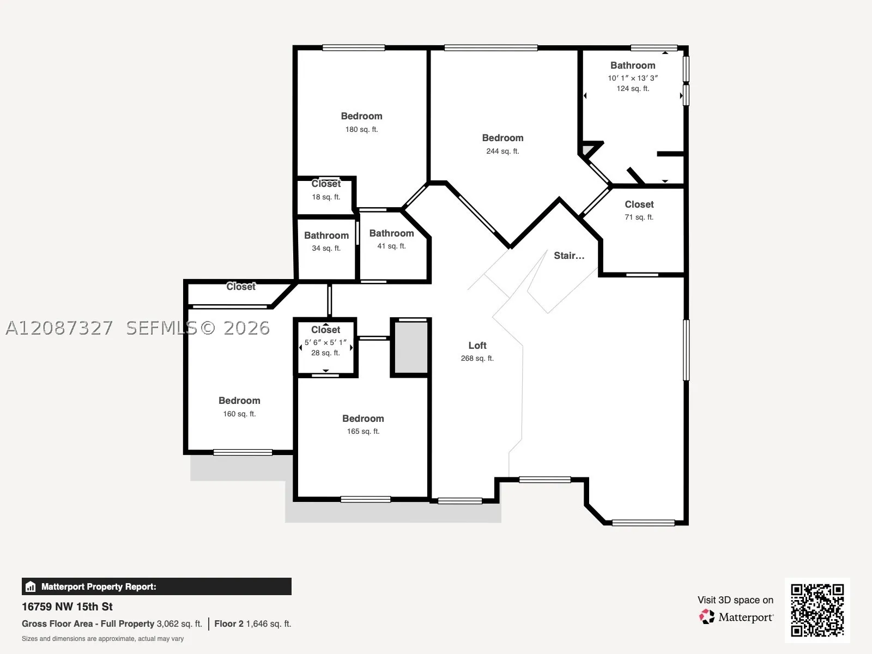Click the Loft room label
(x=477, y=346)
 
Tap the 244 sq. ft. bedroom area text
(x=502, y=152)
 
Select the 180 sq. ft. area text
(x=361, y=130)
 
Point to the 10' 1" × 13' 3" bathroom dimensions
(x=633, y=78)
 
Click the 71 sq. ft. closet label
(x=639, y=204)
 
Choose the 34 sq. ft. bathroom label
(x=326, y=235)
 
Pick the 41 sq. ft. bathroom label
(x=391, y=233)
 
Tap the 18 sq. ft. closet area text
(x=326, y=197)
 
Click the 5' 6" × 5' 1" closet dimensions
(x=325, y=342)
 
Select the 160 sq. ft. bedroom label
(x=239, y=401)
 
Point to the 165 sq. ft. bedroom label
(x=363, y=419)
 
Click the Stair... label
(x=569, y=256)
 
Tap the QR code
(x=817, y=610)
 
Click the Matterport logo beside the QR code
(x=736, y=617)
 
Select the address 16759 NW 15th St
(x=67, y=607)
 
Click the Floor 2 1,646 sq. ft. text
(x=253, y=624)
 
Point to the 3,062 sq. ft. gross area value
(x=179, y=624)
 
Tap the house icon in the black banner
(x=31, y=586)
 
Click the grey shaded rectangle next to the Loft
(x=411, y=348)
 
